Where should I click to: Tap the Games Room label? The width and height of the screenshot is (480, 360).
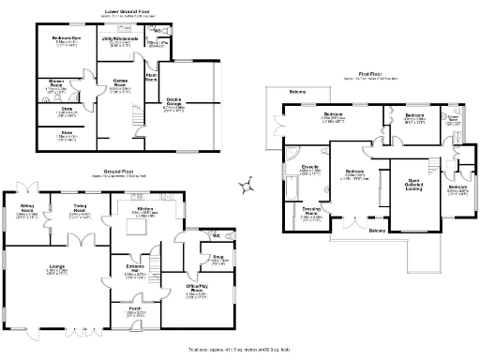121,82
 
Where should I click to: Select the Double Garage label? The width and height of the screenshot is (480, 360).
174,104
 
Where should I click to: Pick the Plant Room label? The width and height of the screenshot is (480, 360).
151,78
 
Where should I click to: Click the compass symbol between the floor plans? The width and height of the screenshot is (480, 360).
245,187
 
